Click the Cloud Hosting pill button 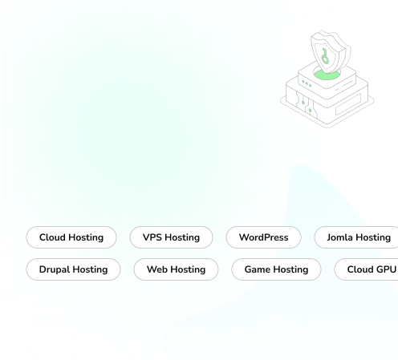71,237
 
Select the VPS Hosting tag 171,237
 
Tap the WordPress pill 263,237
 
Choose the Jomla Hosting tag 356,237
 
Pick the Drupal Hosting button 73,269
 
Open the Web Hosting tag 176,269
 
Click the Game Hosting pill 276,269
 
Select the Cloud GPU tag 367,269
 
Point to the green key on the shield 325,57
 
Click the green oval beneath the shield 327,75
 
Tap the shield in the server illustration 331,51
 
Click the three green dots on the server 307,83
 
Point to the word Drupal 53,269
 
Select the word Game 258,269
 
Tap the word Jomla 339,237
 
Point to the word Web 156,269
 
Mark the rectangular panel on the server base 348,104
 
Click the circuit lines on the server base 306,103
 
